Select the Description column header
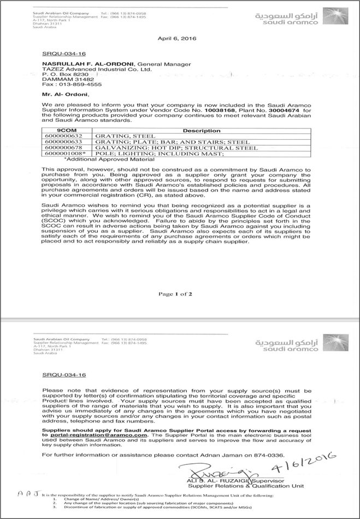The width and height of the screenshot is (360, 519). coord(201,131)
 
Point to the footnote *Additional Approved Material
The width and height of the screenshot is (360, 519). coord(98,159)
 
